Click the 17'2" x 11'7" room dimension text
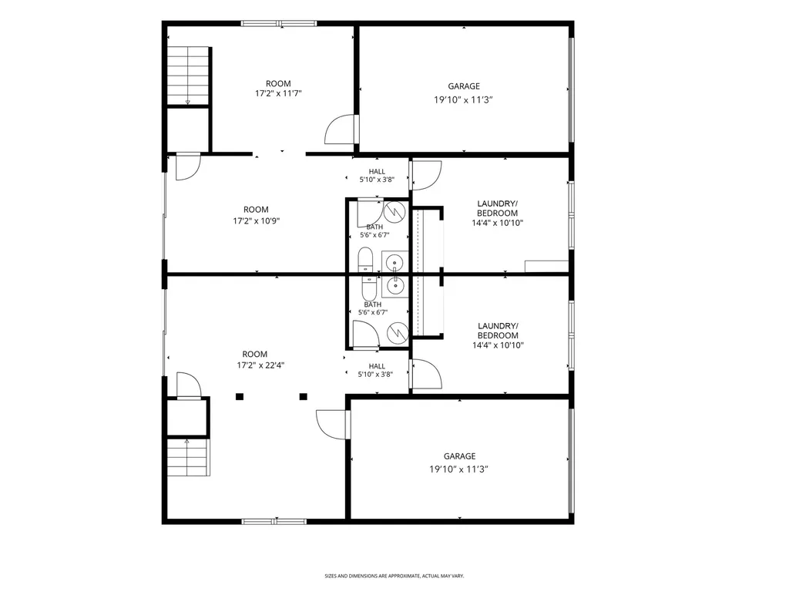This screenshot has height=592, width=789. [x=278, y=93]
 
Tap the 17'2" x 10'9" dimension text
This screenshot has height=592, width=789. [x=256, y=220]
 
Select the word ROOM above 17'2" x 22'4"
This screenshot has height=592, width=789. [x=254, y=354]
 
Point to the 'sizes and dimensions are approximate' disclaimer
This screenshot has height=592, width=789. [x=394, y=575]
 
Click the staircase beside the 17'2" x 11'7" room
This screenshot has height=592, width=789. [x=188, y=76]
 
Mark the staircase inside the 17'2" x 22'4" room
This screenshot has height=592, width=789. [x=188, y=457]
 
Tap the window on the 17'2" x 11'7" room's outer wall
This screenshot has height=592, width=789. [x=279, y=23]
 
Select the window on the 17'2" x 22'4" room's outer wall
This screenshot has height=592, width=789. [x=274, y=522]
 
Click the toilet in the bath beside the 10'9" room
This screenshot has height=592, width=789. [x=365, y=259]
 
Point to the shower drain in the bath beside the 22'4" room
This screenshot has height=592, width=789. [x=398, y=331]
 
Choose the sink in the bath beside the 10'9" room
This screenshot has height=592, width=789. [x=395, y=262]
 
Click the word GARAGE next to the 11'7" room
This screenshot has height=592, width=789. [x=464, y=86]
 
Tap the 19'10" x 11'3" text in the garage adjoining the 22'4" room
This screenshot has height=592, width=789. [x=459, y=469]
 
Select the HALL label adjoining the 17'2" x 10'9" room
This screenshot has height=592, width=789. [x=377, y=171]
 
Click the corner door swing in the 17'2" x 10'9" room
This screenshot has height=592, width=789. [x=188, y=166]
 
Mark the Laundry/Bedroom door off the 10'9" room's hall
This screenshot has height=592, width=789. [x=426, y=175]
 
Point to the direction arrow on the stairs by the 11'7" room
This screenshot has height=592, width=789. [x=188, y=102]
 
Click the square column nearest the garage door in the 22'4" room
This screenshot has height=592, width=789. [x=303, y=397]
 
